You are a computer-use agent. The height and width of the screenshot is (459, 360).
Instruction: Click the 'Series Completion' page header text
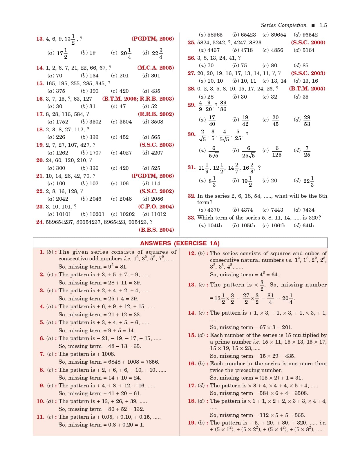[x=283, y=25]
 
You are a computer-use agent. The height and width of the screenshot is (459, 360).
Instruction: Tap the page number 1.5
[x=323, y=25]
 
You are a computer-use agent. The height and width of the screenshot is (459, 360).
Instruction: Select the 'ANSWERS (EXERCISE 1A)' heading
[x=180, y=243]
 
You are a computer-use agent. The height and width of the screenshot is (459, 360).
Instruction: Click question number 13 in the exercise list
[x=40, y=39]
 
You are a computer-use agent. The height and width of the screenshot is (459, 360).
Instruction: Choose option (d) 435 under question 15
[x=151, y=91]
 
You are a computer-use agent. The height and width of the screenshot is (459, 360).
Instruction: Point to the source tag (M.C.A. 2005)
[x=155, y=68]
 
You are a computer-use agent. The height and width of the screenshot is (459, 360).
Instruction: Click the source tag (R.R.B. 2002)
[x=156, y=114]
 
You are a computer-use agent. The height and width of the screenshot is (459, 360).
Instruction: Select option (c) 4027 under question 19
[x=121, y=153]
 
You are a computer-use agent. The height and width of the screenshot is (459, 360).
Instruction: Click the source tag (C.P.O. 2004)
[x=156, y=207]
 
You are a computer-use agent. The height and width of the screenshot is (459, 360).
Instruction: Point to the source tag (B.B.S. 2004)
[x=156, y=230]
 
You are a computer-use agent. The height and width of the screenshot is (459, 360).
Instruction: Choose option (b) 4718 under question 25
[x=243, y=50]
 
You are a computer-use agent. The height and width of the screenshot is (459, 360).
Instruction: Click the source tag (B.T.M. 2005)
[x=307, y=89]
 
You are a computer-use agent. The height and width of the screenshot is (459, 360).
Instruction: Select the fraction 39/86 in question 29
[x=223, y=106]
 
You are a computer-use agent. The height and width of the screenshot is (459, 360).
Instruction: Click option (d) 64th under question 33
[x=304, y=226]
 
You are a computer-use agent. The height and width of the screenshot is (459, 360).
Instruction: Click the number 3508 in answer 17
[x=301, y=393]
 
